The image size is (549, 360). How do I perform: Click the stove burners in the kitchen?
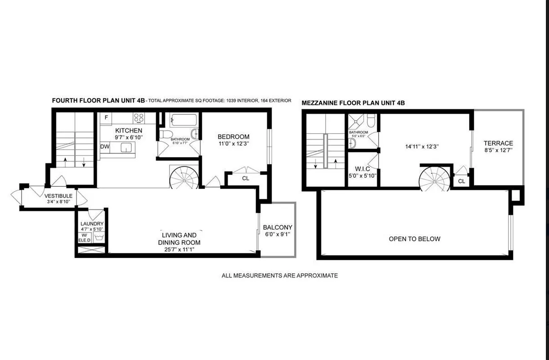(138, 118)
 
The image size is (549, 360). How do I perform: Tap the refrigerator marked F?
(106, 118)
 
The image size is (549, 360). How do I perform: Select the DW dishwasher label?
(104, 147)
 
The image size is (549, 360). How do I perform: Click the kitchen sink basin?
(126, 147)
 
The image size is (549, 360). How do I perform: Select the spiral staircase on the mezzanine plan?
(434, 179)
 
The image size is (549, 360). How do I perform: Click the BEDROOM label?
(233, 137)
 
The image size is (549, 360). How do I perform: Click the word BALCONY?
(277, 228)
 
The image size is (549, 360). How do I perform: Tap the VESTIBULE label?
(58, 196)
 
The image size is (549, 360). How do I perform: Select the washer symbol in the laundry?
(99, 236)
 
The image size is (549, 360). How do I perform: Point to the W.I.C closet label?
(362, 169)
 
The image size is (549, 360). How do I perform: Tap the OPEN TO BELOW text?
(415, 239)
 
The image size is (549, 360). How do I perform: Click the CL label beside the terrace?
(461, 181)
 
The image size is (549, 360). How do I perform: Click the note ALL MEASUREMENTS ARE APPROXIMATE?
(279, 275)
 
